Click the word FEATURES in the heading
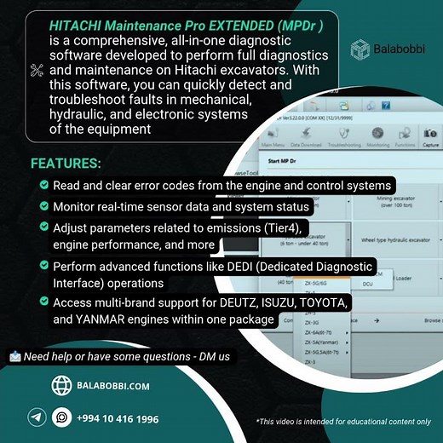click(x=66, y=163)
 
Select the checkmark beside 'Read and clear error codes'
click(x=43, y=185)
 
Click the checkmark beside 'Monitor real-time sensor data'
click(x=43, y=205)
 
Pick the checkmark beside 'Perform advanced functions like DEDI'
click(x=43, y=266)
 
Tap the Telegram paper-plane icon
click(x=36, y=417)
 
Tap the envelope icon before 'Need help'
click(x=14, y=355)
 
